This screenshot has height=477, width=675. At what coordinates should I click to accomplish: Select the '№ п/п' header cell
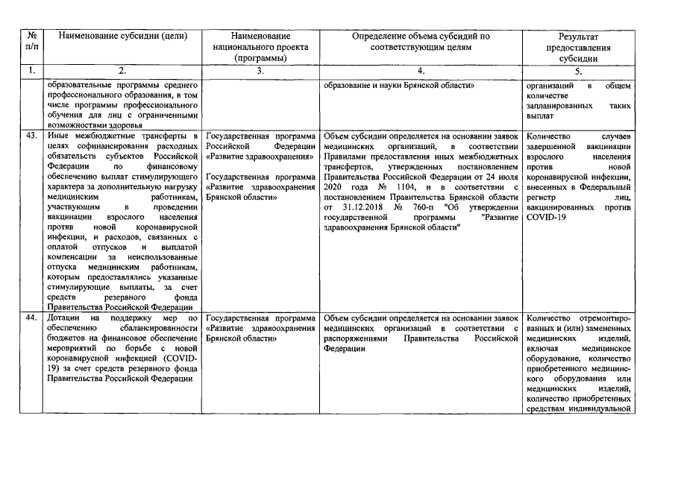pos(31,41)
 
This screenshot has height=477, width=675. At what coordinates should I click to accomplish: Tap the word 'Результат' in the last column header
pos(579,36)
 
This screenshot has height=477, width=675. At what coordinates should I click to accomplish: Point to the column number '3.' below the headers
pos(260,71)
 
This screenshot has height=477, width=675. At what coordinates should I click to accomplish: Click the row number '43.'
pos(31,136)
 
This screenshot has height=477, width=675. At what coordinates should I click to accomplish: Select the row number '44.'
pos(31,318)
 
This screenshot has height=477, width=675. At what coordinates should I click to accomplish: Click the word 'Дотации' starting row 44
pos(62,318)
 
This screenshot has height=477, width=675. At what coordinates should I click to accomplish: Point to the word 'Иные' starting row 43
pos(58,136)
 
